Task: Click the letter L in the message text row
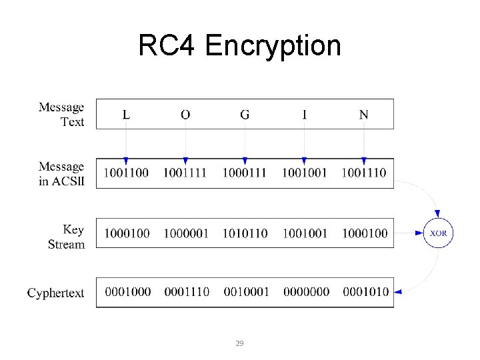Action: click(126, 115)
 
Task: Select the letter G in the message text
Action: click(245, 115)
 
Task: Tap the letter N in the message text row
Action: click(363, 115)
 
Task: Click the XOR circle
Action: click(438, 233)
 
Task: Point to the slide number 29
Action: click(240, 343)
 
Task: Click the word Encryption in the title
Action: click(273, 46)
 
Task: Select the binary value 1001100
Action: click(127, 173)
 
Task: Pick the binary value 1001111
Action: click(185, 173)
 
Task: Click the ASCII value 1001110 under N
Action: click(363, 173)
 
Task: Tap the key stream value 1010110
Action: click(245, 233)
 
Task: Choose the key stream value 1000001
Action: click(186, 233)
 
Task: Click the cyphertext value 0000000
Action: click(305, 292)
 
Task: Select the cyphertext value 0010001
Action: click(246, 292)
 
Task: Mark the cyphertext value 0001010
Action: click(365, 292)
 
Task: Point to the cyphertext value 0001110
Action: click(187, 292)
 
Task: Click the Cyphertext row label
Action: click(56, 293)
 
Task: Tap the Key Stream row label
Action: click(66, 237)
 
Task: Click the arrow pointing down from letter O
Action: click(185, 143)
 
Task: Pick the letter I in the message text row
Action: click(305, 115)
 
